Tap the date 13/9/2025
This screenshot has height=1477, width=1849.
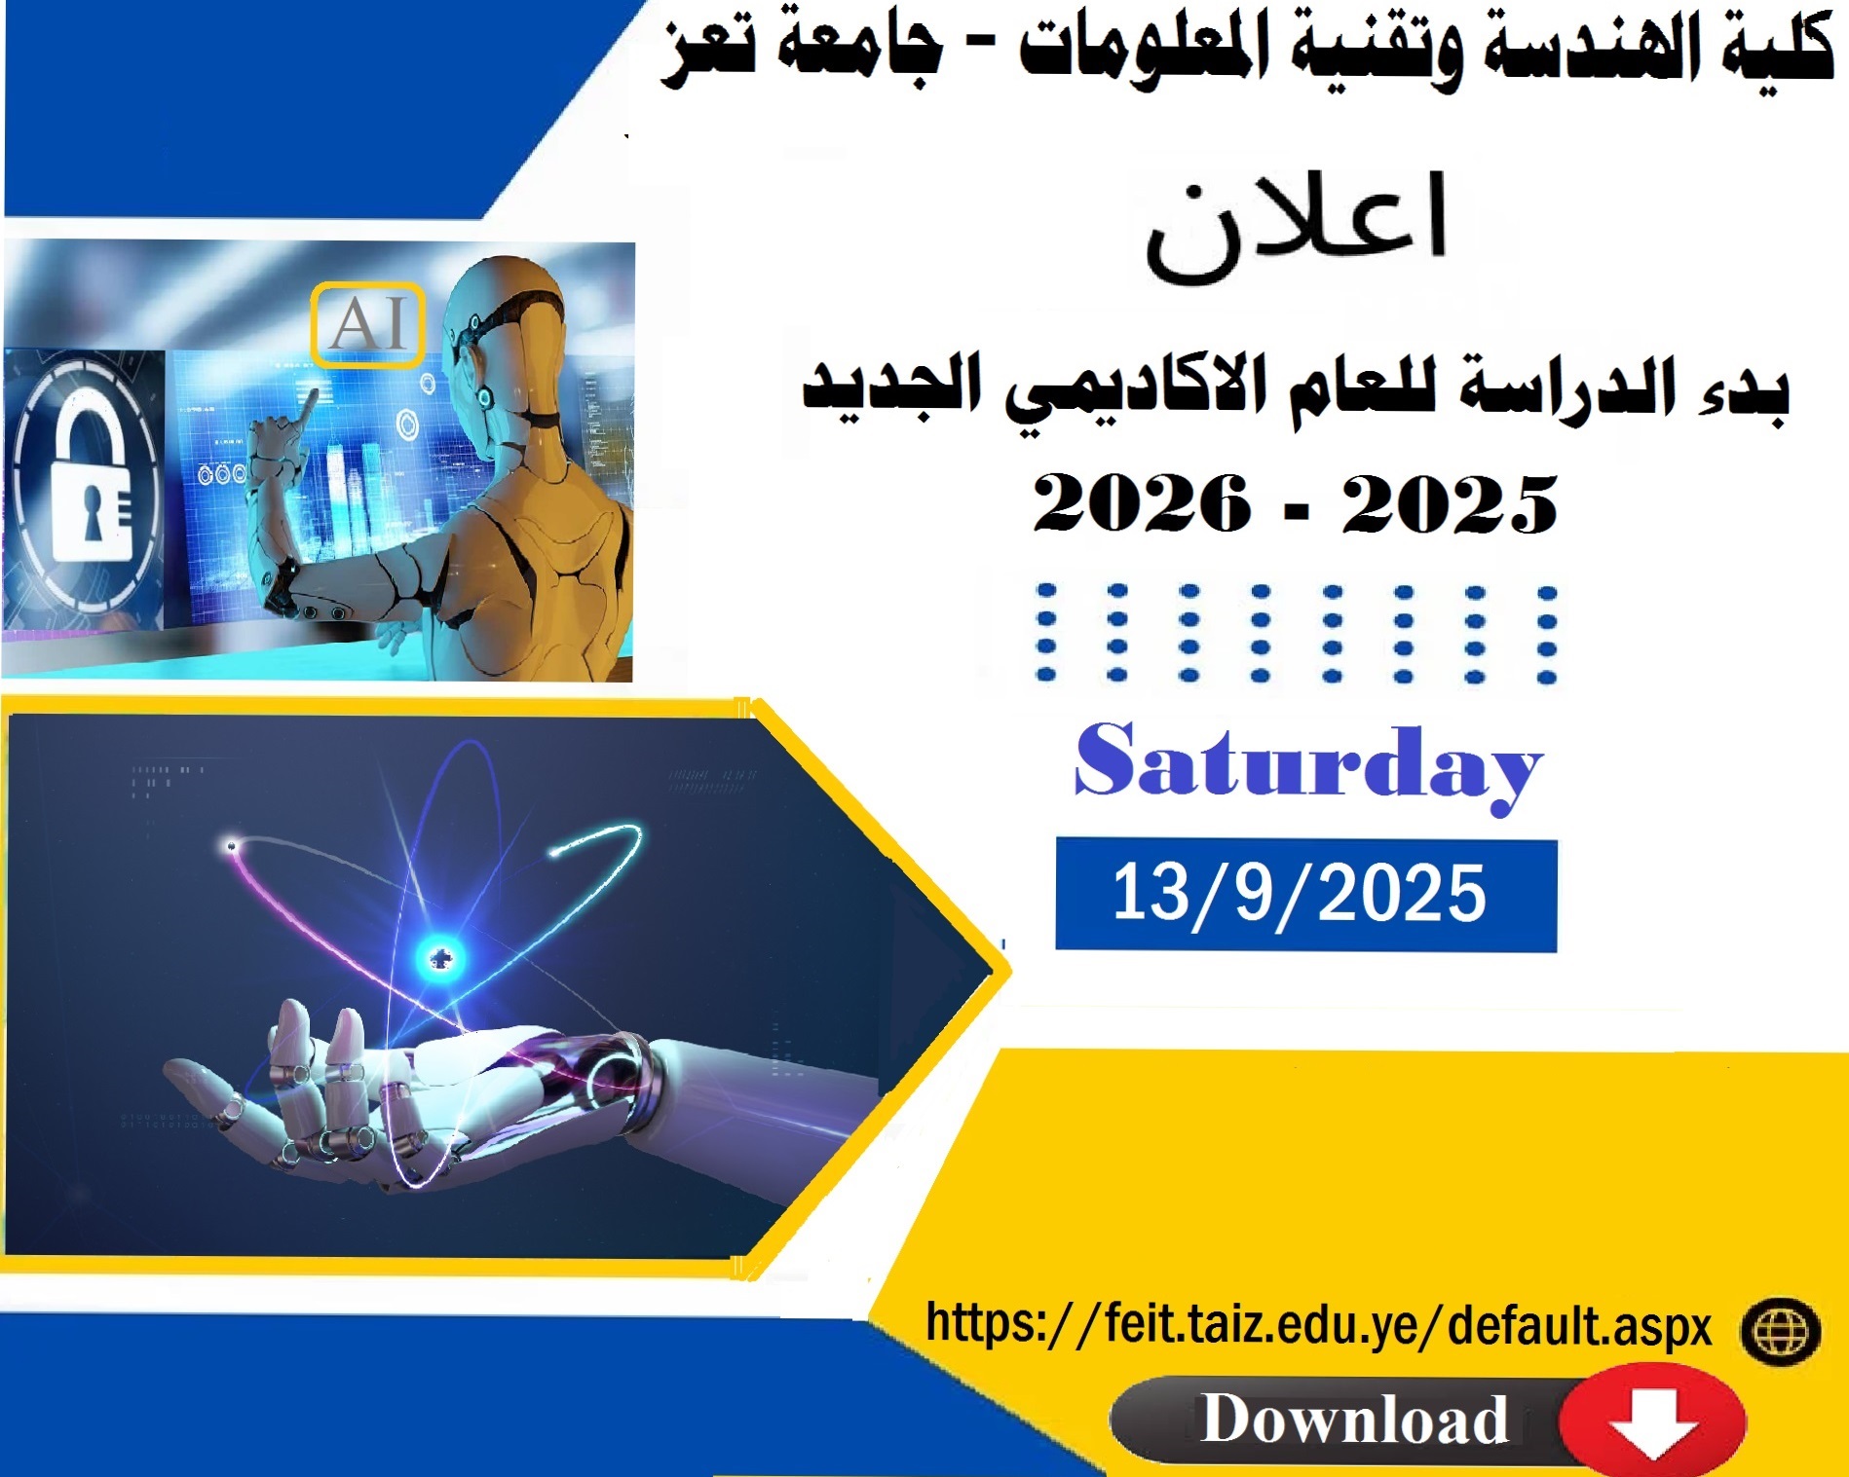pos(1300,893)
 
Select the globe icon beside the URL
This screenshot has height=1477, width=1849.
pos(1779,1331)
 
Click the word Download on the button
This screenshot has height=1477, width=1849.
pos(1354,1419)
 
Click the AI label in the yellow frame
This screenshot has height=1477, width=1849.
pos(367,323)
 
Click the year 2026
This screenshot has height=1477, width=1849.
pos(1141,503)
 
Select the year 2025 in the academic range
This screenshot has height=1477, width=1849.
pos(1450,503)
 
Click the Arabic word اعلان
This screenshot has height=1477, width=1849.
pos(1297,228)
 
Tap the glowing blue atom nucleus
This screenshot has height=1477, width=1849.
pos(439,959)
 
